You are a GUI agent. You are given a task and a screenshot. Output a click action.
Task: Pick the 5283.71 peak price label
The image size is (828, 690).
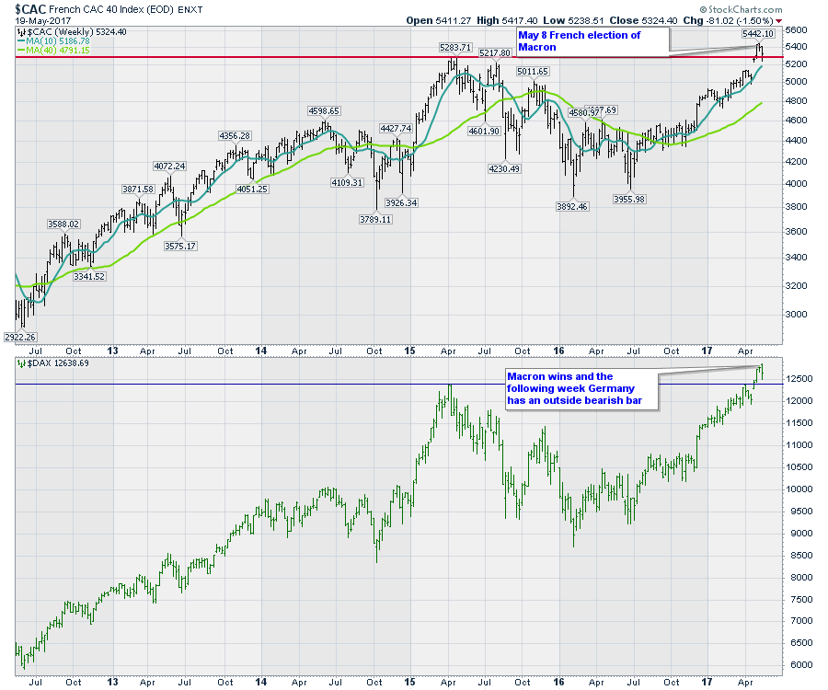[454, 47]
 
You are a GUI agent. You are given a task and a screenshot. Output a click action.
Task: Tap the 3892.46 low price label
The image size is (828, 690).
[572, 206]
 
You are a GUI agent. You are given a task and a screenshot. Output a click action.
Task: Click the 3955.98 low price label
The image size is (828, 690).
[629, 199]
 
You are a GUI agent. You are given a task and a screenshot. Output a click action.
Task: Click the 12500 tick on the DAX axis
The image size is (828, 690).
[803, 379]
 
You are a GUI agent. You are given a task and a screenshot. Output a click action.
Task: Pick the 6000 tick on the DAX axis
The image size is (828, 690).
[800, 665]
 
